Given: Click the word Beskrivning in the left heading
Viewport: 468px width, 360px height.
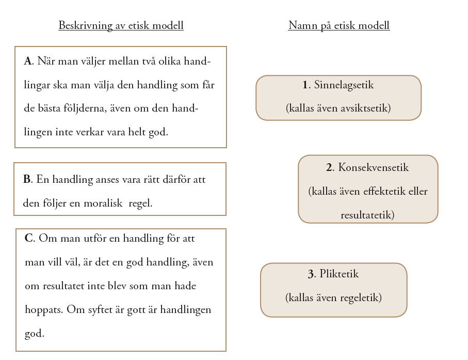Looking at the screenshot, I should tap(83, 25).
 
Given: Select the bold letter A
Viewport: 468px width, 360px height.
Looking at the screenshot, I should tap(27, 61).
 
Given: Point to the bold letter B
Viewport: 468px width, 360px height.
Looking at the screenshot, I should tap(27, 180).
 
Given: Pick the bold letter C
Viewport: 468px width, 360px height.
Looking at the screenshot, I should tap(28, 239).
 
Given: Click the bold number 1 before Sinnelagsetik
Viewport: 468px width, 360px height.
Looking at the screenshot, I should tap(305, 85).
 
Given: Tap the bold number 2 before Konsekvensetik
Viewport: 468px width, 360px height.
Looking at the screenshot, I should tap(329, 168).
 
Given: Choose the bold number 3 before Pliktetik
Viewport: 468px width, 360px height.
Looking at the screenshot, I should tap(311, 274).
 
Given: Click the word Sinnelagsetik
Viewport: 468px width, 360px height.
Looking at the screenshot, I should tap(344, 85).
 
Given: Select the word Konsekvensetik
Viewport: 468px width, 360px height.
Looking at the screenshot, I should tap(374, 168).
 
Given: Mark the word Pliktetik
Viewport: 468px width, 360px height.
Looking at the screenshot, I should tap(339, 274).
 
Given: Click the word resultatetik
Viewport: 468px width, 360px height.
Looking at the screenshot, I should tap(367, 215).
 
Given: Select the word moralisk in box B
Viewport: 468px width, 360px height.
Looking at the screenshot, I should tap(102, 204).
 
